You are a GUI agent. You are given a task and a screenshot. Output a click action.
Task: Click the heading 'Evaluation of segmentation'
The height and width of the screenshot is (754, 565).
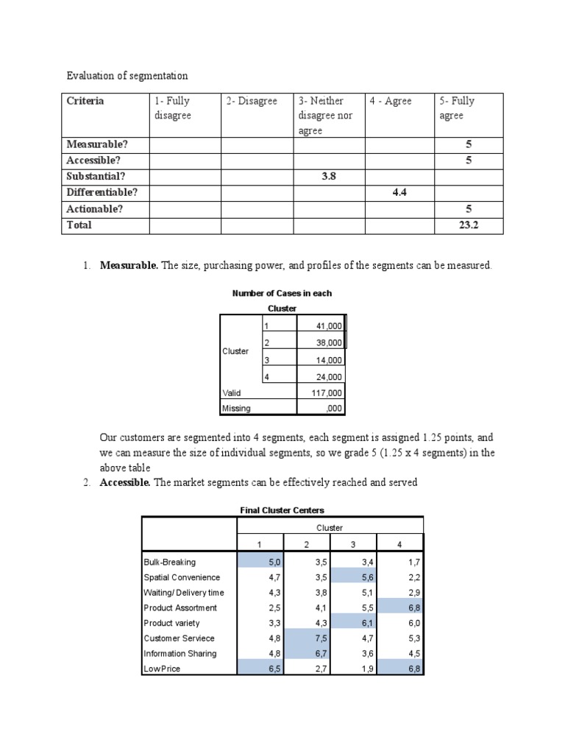point(127,76)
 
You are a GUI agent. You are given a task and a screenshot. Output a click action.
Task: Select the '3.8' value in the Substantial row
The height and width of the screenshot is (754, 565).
point(330,177)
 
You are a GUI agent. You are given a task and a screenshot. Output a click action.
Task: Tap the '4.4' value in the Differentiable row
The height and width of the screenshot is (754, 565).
point(399,193)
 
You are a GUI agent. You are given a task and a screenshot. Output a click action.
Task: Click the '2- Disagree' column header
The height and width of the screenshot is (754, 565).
point(252,102)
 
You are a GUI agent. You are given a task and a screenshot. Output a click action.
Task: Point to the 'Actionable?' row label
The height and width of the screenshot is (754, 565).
point(95,209)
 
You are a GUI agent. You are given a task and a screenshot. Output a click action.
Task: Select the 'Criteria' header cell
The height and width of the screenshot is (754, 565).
point(85,102)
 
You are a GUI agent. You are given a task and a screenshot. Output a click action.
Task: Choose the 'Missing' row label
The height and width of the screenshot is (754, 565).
point(236,409)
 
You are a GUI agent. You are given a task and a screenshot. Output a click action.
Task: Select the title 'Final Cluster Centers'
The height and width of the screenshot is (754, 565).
point(282,510)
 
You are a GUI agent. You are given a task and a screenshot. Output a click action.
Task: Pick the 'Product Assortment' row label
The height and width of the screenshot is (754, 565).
point(180,608)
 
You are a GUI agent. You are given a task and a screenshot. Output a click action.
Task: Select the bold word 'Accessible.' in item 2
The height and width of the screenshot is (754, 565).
point(125,482)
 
